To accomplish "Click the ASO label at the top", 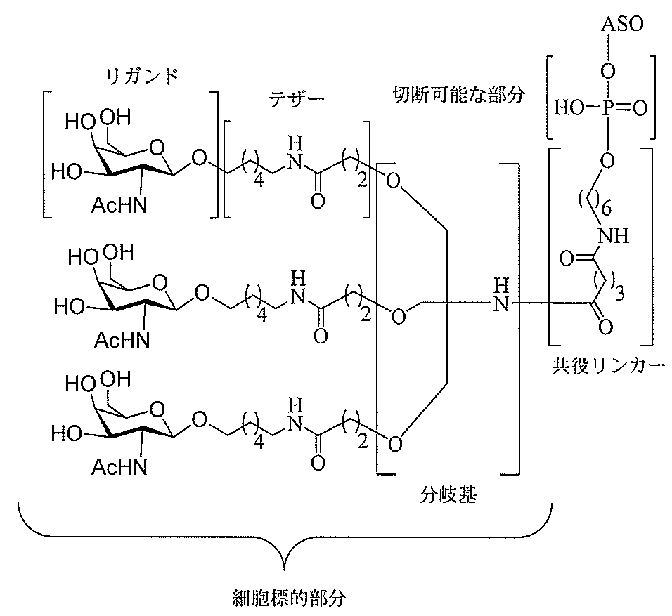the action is coord(622,24).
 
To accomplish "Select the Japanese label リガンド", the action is coord(142,77).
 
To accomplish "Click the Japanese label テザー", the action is coord(297,99).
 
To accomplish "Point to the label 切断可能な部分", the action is coord(458,95).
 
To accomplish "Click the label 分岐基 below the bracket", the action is coord(448,494).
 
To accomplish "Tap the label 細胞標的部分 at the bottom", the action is coord(289,598).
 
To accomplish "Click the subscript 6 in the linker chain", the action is coord(606,209).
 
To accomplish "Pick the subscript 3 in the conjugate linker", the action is coord(620,294).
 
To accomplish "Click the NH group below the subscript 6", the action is coord(614,235).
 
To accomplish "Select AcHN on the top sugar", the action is coord(119,206).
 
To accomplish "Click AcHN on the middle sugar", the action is coord(122,340).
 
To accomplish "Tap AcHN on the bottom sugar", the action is coord(119,466).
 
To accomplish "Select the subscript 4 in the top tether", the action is coord(259,182).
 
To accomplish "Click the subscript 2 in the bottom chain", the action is coord(363,442).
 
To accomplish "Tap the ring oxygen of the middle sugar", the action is coord(160,283).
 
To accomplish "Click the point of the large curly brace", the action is coord(285,570).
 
